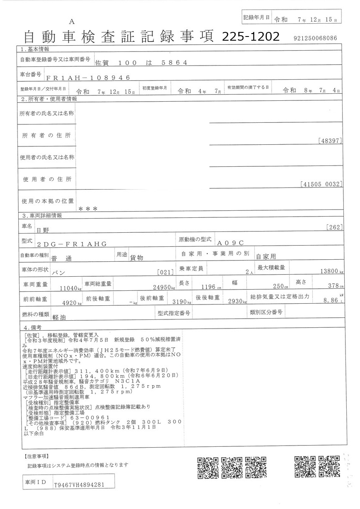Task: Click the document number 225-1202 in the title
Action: coord(251,37)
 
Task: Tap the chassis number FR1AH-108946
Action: coord(88,78)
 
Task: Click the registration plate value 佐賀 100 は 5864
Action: coord(141,63)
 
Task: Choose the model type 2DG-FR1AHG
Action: coord(72,244)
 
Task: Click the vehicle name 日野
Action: coord(43,229)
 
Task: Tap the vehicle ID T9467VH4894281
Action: coord(79,485)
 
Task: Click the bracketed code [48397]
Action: coord(331,141)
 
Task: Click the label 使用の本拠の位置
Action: coord(47,201)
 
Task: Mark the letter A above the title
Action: coord(71,22)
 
